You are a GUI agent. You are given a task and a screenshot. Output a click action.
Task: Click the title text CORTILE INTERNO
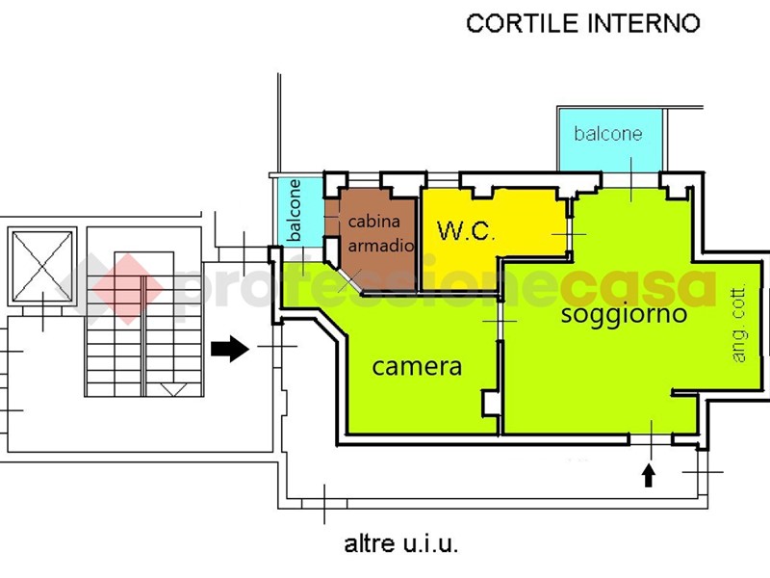(x=582, y=23)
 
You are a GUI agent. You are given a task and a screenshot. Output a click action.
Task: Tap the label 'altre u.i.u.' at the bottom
(x=401, y=544)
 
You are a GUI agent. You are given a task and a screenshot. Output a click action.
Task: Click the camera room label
(x=417, y=366)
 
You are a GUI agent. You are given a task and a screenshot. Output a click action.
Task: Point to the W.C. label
(x=466, y=231)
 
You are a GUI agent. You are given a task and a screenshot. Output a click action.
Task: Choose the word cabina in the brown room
(x=372, y=222)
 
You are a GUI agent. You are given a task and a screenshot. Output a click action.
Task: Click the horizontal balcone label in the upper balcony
(x=607, y=133)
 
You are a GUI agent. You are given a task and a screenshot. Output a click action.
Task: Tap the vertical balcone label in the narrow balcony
(x=295, y=210)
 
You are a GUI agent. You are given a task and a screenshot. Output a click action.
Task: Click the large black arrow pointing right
(x=230, y=348)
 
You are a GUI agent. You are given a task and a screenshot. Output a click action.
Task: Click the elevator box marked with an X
(x=40, y=264)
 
